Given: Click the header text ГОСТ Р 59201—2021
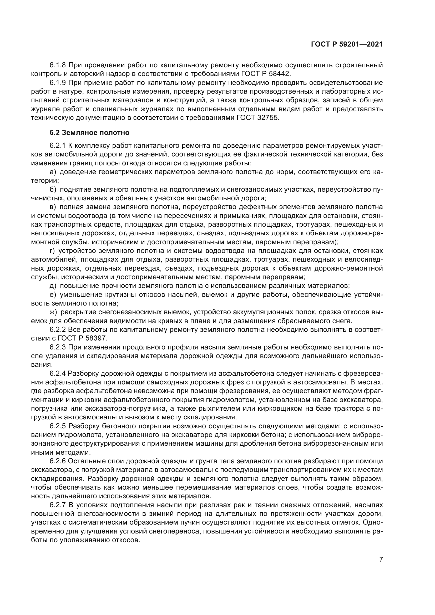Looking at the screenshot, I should [347, 44].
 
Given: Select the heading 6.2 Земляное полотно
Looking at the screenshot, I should [89, 133].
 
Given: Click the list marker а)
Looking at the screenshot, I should [53, 172].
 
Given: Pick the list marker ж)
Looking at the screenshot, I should [53, 312].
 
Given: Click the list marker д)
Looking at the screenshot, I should [53, 286].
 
